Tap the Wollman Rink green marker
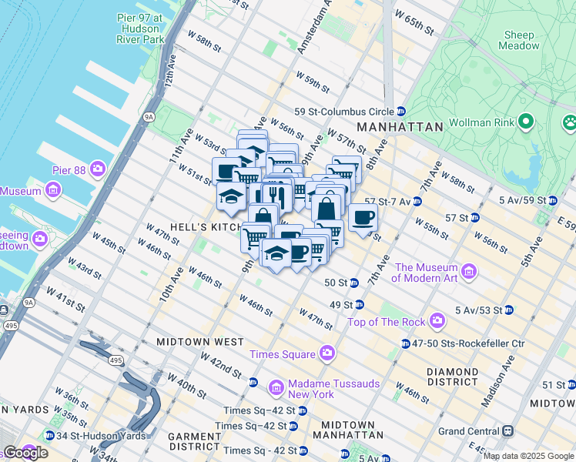[x=526, y=121]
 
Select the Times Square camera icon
[x=327, y=353]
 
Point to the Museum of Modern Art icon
[x=468, y=272]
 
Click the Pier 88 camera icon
[x=97, y=168]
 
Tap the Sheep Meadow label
[x=520, y=40]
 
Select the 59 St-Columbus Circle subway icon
[x=401, y=111]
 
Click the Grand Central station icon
[x=508, y=431]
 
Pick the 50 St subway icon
[x=354, y=283]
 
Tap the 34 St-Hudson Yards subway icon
[x=51, y=435]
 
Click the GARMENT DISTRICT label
[x=195, y=441]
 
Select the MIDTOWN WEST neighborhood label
[x=199, y=341]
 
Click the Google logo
[x=25, y=453]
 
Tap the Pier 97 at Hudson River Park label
[x=139, y=28]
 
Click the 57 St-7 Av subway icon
[x=417, y=202]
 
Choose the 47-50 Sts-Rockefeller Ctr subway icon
[x=405, y=343]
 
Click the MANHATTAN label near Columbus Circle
[x=400, y=127]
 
